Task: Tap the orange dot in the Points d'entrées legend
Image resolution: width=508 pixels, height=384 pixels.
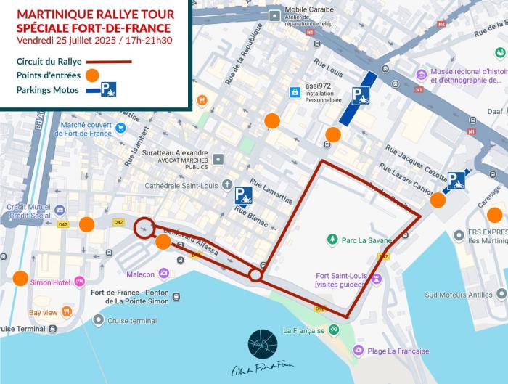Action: coord(91,75)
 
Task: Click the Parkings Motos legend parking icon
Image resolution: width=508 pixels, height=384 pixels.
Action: coord(108,89)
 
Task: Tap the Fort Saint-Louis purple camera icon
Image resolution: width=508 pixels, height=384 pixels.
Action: coord(376,279)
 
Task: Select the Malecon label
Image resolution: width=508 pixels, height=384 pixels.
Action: coord(140,274)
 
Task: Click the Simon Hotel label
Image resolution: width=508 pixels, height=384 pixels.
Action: coord(50,282)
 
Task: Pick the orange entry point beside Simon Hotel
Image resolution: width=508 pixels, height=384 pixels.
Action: coord(20,278)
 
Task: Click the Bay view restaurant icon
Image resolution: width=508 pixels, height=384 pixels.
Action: coord(67,312)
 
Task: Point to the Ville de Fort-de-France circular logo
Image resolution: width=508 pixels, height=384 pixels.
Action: coord(262,343)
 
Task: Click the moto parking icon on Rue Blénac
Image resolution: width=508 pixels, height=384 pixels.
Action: coord(243,195)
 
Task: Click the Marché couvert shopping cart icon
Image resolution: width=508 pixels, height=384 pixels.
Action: coord(120,128)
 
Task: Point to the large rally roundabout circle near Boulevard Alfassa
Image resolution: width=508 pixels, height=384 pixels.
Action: coord(144,227)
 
